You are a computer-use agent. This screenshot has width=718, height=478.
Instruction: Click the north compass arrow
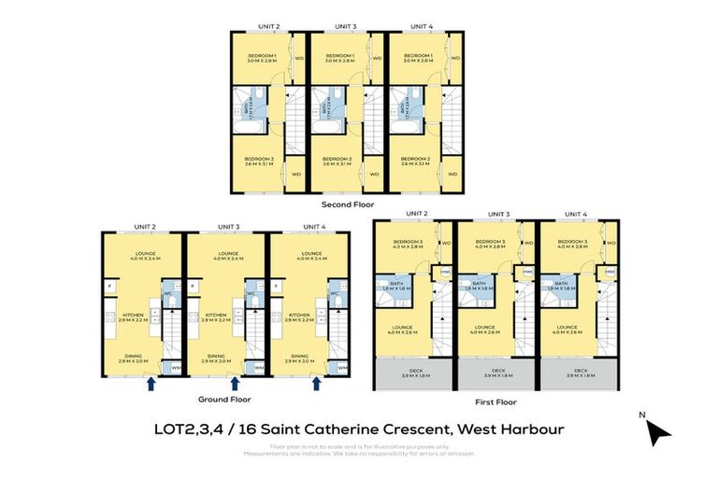point(659,432)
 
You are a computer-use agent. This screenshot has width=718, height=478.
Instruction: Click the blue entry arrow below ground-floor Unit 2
point(151,383)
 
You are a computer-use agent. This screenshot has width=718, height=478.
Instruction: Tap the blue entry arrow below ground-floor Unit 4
point(317,383)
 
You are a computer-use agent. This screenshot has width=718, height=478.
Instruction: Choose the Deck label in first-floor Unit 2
point(410,373)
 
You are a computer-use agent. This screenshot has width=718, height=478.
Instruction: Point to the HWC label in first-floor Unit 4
point(610,272)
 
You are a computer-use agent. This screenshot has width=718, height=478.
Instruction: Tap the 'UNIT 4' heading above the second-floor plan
point(424,26)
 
